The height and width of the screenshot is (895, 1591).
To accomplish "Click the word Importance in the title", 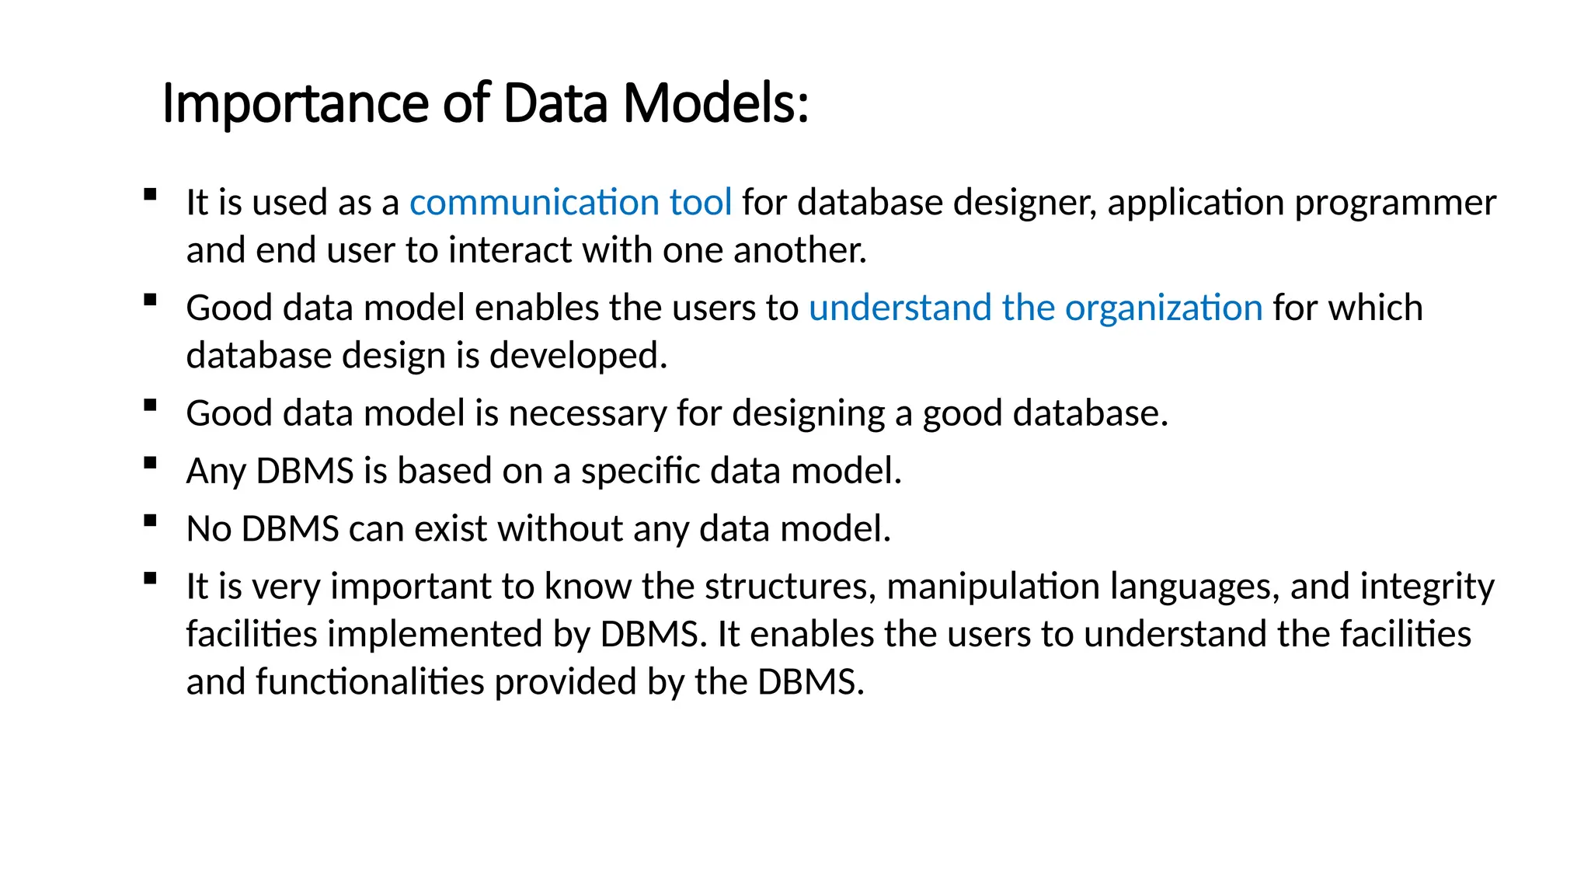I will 294,103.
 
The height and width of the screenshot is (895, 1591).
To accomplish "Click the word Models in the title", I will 715,103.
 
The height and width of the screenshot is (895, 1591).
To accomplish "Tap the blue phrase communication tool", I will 570,203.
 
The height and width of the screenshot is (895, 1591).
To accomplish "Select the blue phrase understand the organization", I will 1036,308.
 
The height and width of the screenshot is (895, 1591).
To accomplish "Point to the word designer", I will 1025,203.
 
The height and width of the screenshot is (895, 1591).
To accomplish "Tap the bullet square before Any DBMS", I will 151,463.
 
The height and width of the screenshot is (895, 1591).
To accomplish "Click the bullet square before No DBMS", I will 151,521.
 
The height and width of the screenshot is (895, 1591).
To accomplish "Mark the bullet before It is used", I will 151,194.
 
